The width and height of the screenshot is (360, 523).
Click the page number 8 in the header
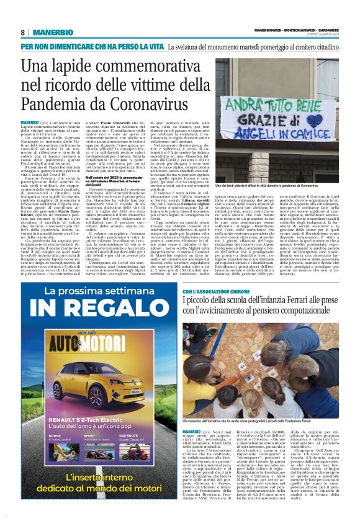pyautogui.click(x=22, y=32)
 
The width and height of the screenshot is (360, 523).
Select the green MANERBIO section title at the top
pyautogui.click(x=53, y=32)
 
